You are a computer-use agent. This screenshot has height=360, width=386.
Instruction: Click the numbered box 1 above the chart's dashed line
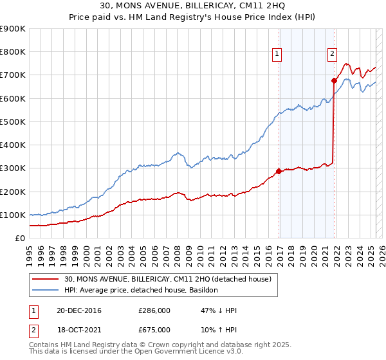(x=277, y=54)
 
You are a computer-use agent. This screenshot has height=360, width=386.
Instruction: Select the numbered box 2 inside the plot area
(x=333, y=54)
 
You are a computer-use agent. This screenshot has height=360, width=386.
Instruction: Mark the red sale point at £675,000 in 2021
(x=334, y=81)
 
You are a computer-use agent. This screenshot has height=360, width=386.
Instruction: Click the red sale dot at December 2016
(x=279, y=172)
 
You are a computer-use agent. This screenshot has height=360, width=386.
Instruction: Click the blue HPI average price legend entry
(x=141, y=290)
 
